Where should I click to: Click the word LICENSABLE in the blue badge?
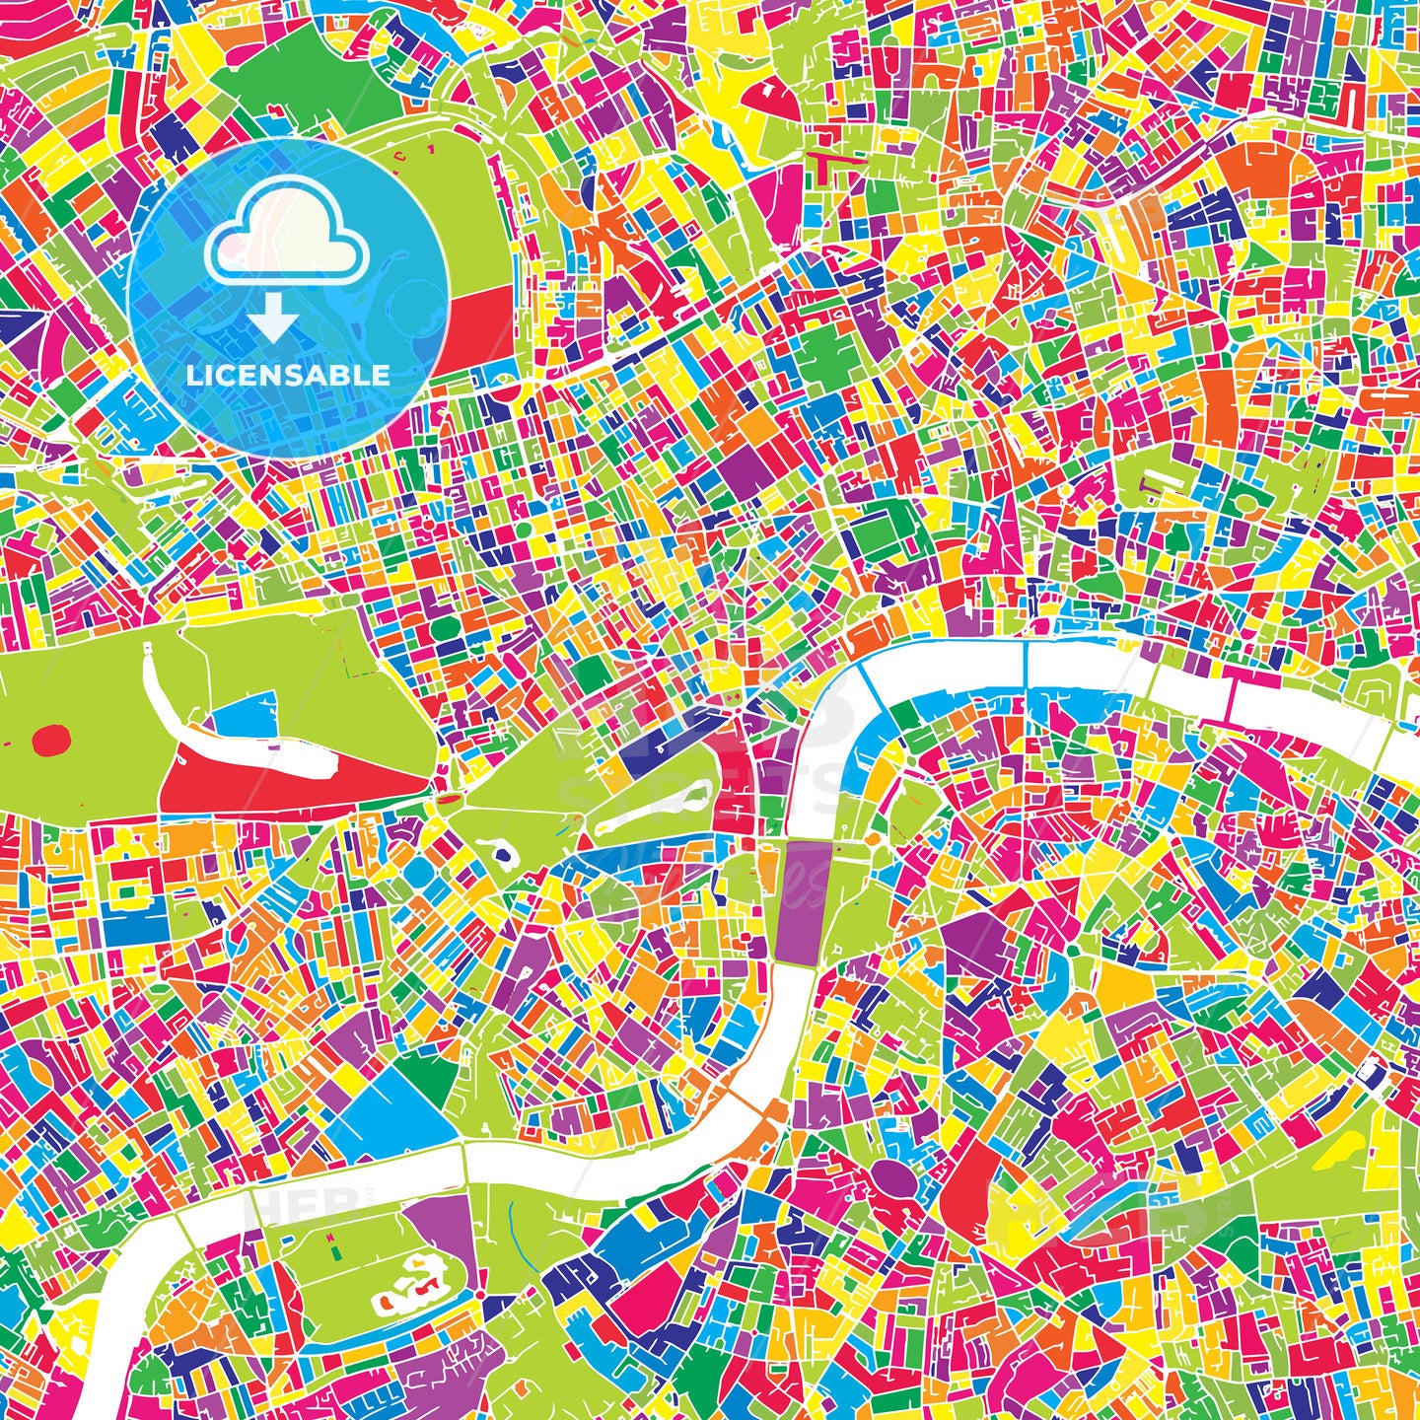(289, 375)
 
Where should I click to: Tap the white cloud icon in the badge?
(286, 237)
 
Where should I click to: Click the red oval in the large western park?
(50, 739)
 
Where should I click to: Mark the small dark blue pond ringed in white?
(505, 855)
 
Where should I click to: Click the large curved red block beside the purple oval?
(971, 1178)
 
